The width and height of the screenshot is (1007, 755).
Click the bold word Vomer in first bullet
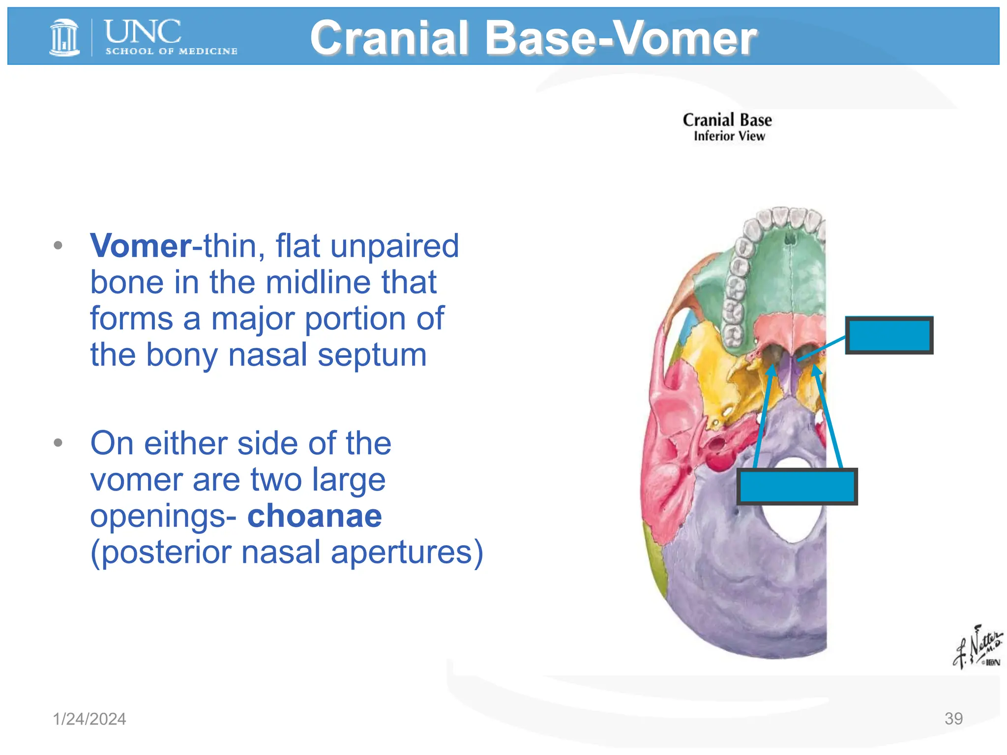tap(141, 245)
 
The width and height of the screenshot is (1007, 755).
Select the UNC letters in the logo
tap(143, 32)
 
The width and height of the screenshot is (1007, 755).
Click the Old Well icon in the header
tap(64, 37)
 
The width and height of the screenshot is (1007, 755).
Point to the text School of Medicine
tap(171, 51)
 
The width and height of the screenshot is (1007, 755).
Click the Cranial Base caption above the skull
tap(727, 120)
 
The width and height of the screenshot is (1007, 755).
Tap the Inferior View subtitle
tap(729, 136)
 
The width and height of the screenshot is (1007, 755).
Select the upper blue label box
tap(889, 335)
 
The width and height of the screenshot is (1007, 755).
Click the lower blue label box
tap(797, 486)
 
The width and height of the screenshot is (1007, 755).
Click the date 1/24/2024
tap(89, 719)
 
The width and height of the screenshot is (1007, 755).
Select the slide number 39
tap(953, 718)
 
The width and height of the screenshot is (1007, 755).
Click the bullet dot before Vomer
tap(58, 245)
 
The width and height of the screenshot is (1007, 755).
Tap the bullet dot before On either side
tap(58, 443)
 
